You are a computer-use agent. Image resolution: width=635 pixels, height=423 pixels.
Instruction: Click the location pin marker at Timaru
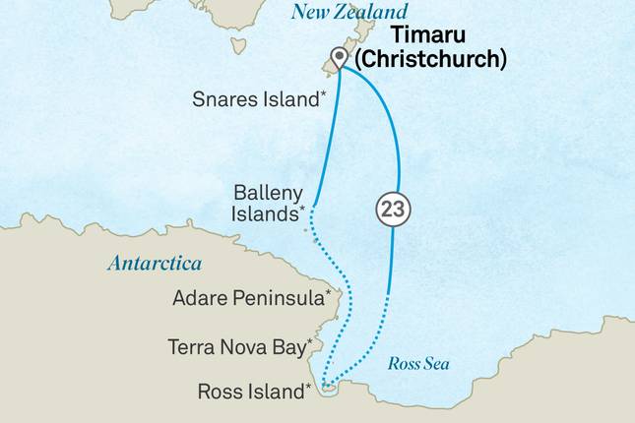coord(341,57)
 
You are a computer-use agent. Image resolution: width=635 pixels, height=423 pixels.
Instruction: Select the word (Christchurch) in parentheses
coord(430,59)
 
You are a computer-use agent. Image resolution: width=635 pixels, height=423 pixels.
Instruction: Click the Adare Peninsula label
coord(250,296)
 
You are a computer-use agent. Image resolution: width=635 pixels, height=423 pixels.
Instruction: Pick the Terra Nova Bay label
coord(239,346)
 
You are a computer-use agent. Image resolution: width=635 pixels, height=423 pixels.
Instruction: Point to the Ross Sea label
coord(418,364)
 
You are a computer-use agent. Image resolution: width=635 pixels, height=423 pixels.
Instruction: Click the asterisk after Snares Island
coord(324,95)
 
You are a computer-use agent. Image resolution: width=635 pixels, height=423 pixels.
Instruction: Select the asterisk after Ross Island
coord(309,387)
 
